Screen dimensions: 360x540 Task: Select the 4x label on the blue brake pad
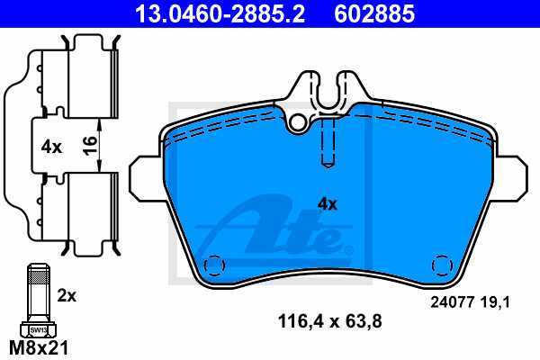[x=327, y=204]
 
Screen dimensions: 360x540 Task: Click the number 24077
[x=450, y=303]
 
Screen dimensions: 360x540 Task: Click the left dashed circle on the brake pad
[x=214, y=266]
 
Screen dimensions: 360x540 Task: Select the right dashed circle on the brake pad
[x=441, y=265]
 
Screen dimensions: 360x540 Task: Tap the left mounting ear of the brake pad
[x=146, y=176]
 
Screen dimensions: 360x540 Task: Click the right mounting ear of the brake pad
[x=509, y=176]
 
